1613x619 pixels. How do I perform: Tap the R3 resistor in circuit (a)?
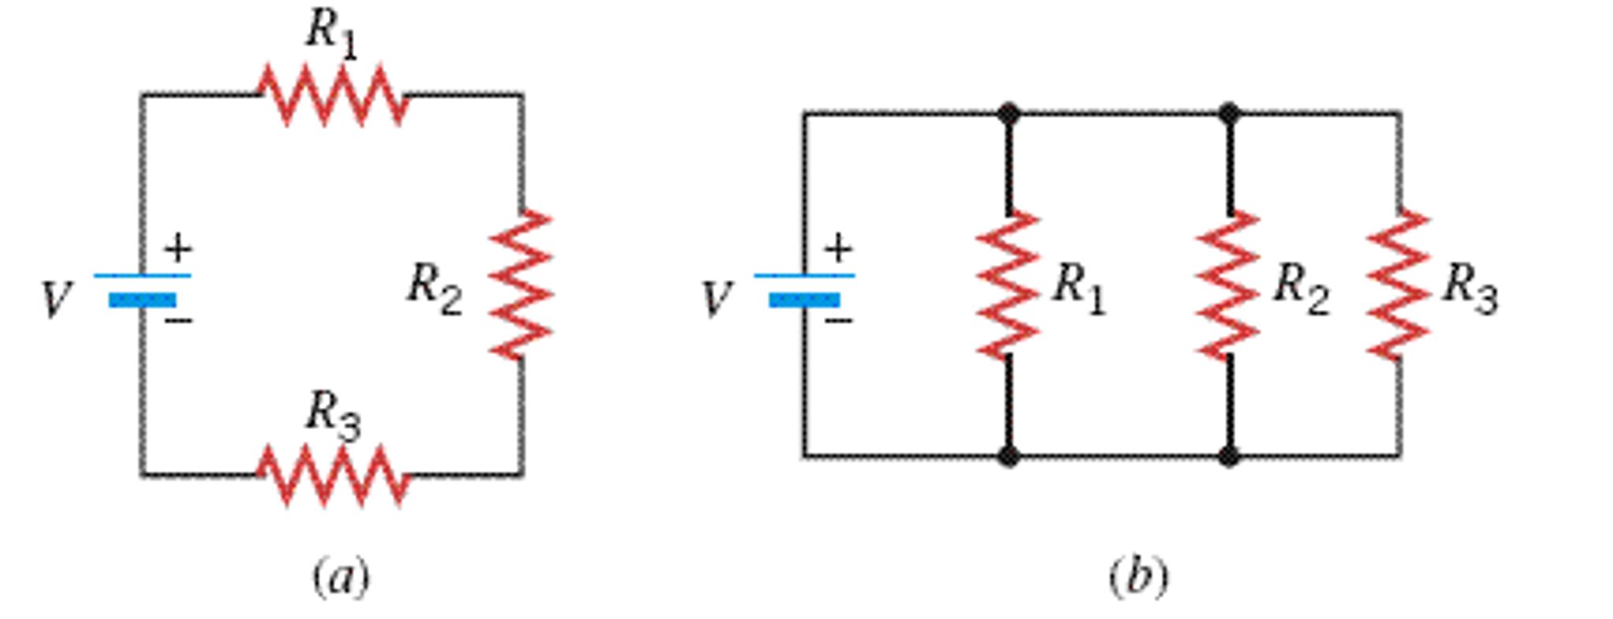point(333,475)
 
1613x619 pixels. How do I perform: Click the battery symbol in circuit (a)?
point(142,288)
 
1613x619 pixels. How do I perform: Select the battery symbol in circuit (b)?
point(804,288)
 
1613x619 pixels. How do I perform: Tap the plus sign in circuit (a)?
point(178,249)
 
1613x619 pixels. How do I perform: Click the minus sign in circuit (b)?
point(839,320)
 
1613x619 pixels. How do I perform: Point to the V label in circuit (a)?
point(57,300)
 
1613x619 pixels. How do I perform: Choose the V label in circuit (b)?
point(717,300)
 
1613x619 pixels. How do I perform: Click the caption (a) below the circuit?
point(341,578)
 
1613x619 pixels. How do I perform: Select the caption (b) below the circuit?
point(1138,578)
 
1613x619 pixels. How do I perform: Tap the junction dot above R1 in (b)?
point(1008,114)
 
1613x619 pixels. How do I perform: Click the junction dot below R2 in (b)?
point(1227,456)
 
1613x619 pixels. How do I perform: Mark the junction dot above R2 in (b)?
point(1227,114)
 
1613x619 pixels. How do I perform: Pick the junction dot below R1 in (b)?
point(1008,456)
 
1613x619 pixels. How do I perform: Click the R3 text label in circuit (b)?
point(1470,289)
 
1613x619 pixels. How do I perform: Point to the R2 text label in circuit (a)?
point(434,289)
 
